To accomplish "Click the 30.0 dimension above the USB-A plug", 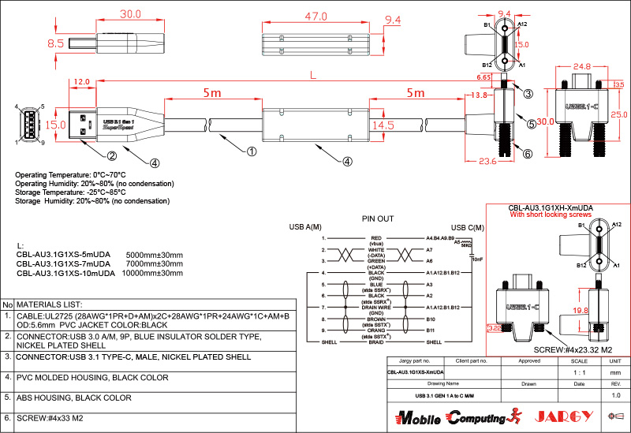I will [130, 14].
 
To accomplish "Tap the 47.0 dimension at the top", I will [316, 15].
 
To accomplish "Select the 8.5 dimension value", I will [55, 45].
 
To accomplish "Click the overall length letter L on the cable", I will [315, 76].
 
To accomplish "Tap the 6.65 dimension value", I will [484, 78].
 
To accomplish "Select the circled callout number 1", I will [252, 151].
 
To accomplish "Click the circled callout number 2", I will [113, 155].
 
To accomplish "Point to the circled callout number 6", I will [528, 154].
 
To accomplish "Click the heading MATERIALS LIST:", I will [49, 304].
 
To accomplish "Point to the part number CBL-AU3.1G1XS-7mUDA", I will [65, 263].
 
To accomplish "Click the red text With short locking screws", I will [551, 215].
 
